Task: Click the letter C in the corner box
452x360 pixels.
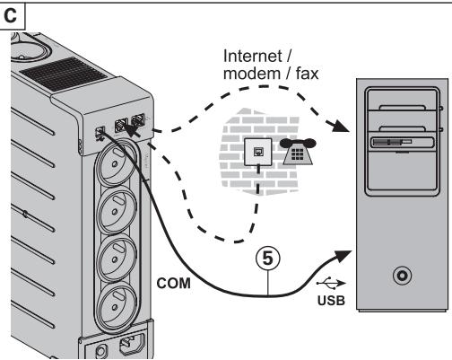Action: [10, 15]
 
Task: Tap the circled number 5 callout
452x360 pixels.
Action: [268, 258]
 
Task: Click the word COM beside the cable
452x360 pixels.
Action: [173, 284]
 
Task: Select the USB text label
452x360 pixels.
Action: [331, 301]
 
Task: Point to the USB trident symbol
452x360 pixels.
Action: [331, 283]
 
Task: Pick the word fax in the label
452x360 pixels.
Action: [307, 74]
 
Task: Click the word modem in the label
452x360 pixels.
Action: [252, 74]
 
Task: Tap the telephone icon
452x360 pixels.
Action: [298, 152]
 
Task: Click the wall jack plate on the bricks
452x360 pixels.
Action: [258, 152]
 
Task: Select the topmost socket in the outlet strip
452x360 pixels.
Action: [116, 163]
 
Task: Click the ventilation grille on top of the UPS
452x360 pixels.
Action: [64, 75]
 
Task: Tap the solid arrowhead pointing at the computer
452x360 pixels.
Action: [343, 256]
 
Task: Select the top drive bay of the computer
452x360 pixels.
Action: [402, 100]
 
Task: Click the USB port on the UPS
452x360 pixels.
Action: [100, 132]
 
